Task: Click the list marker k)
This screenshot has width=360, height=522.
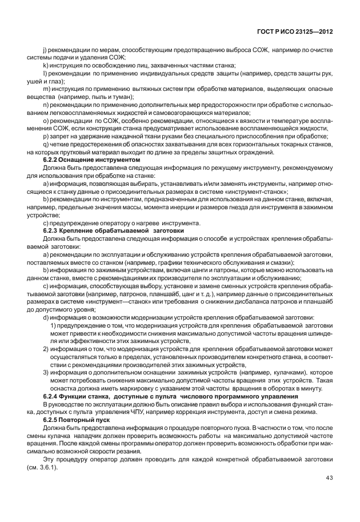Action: click(x=46, y=66)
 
